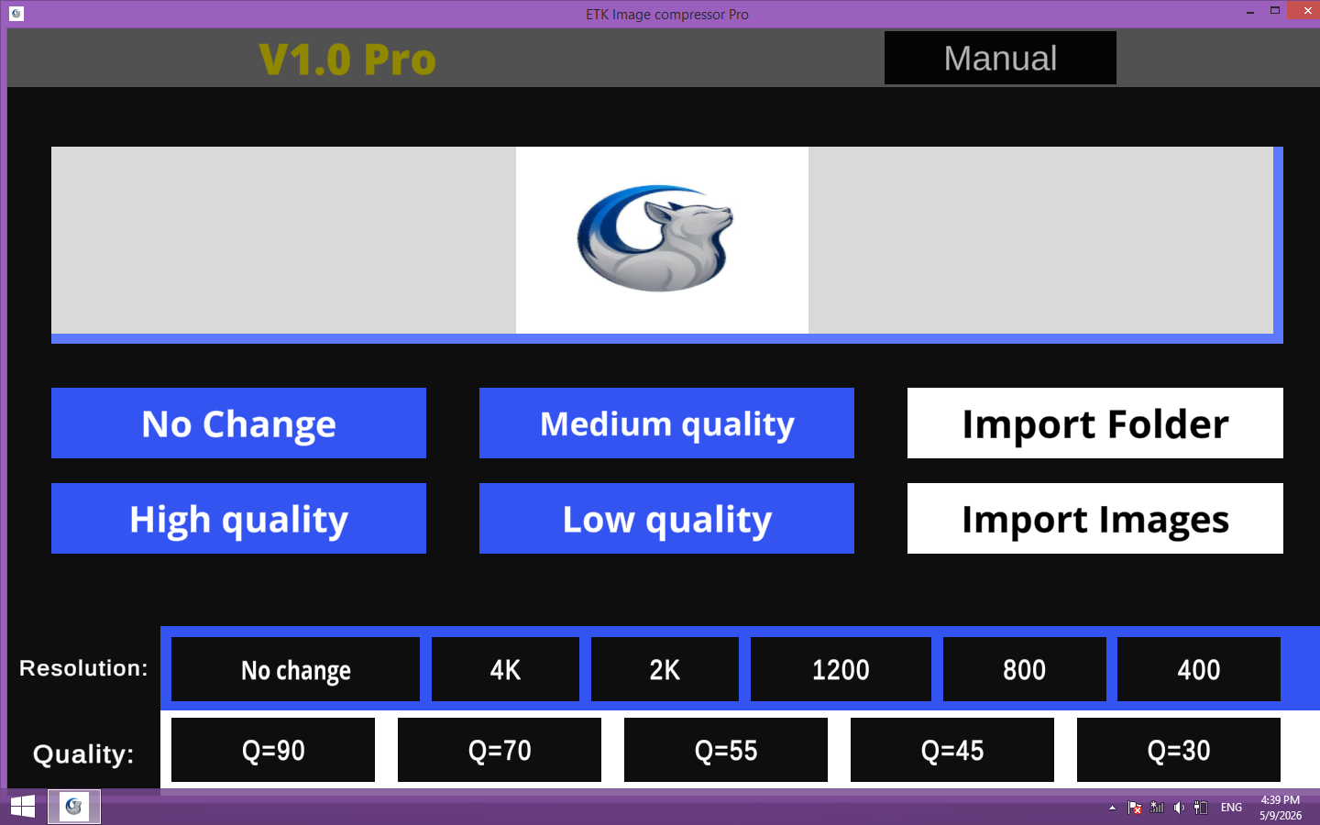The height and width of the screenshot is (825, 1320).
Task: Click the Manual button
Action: click(x=1000, y=58)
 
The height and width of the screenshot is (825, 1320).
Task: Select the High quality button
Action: click(x=238, y=519)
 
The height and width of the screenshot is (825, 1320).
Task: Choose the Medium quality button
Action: click(x=666, y=423)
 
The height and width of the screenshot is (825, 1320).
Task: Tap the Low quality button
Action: click(x=666, y=519)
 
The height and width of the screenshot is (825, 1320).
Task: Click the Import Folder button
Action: click(x=1094, y=423)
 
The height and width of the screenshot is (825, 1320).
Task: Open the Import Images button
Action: click(x=1094, y=519)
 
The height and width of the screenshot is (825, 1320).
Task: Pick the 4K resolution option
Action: click(x=506, y=669)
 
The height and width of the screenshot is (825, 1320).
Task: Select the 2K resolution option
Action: click(x=665, y=669)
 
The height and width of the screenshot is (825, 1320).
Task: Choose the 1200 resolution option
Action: click(x=841, y=669)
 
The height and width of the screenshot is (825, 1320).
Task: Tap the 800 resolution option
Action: click(x=1024, y=669)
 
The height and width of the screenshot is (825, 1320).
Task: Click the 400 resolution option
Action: click(x=1199, y=669)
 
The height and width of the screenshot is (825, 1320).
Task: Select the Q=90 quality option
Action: click(x=273, y=750)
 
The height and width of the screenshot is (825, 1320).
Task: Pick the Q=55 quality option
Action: click(x=726, y=750)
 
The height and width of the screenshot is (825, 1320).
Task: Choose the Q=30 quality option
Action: click(x=1179, y=750)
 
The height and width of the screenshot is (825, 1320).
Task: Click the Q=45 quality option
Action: click(x=952, y=750)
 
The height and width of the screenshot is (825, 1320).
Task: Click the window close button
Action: click(x=1303, y=11)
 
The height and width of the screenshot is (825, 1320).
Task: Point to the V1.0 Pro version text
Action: click(x=347, y=60)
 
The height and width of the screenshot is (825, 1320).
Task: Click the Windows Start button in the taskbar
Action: click(x=23, y=806)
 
